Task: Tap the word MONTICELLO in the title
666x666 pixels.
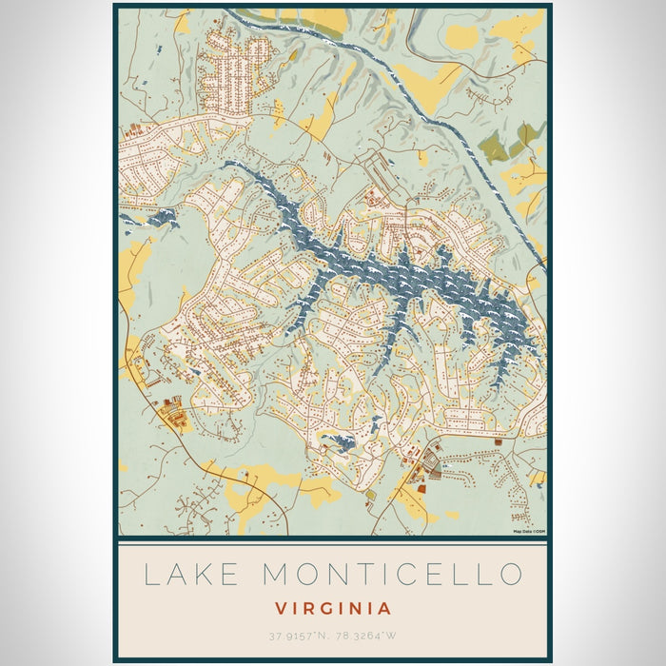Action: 391,574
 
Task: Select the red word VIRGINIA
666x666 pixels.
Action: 333,608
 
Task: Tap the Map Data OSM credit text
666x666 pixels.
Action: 529,531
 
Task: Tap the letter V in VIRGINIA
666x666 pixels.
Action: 282,608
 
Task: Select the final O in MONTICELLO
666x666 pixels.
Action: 510,574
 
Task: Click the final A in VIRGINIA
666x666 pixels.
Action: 383,608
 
